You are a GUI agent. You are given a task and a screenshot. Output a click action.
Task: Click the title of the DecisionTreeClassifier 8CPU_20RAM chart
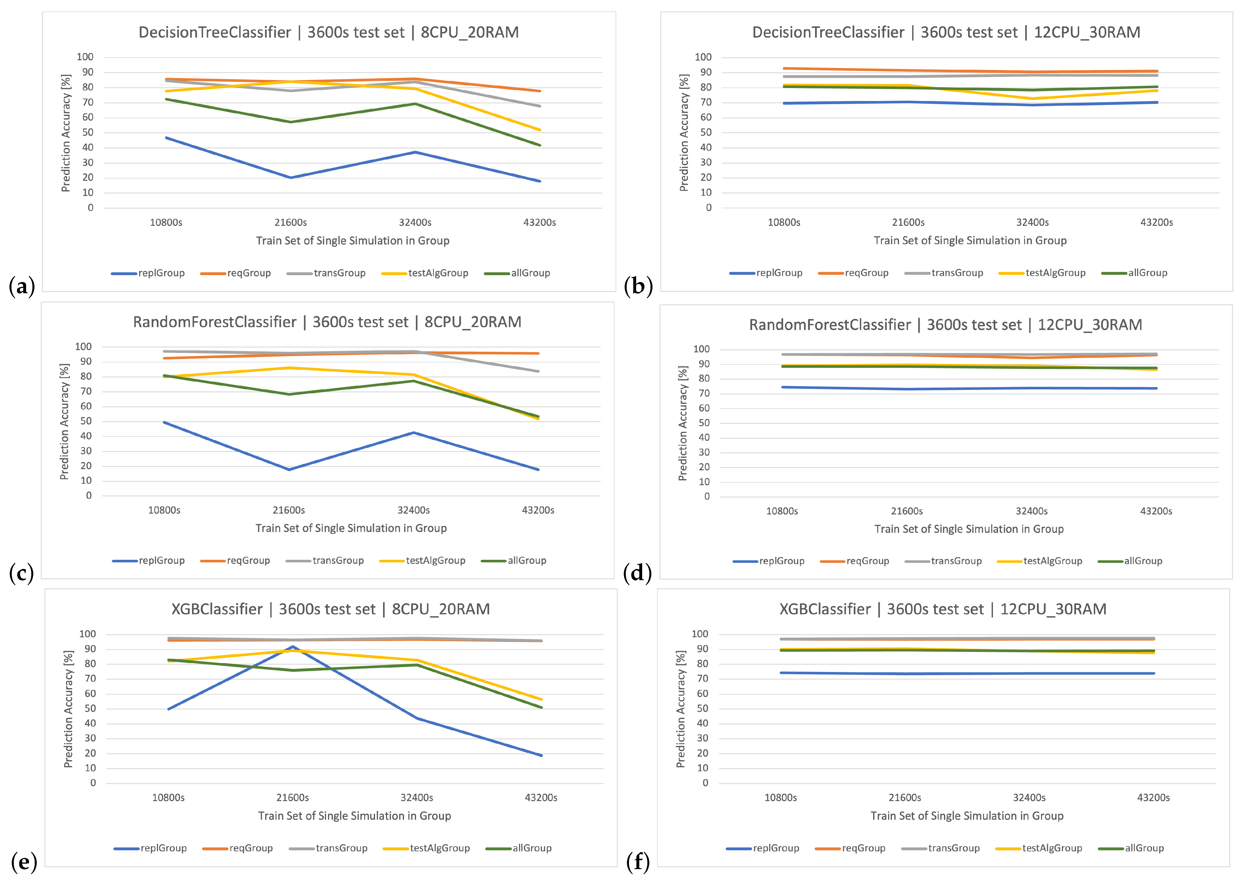pos(329,33)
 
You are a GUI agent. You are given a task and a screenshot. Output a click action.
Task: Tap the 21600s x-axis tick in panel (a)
pos(291,223)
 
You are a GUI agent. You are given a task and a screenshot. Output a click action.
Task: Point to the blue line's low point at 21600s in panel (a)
pos(291,178)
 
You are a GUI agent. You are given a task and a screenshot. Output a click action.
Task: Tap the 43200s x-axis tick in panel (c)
pos(538,510)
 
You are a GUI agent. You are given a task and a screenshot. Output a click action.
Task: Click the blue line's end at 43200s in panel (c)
pos(538,470)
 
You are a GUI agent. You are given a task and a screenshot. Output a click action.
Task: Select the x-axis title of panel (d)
pos(969,529)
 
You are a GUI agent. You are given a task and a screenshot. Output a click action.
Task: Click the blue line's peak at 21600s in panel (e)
pos(293,647)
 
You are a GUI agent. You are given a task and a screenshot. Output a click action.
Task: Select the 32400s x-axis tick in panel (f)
pos(1029,798)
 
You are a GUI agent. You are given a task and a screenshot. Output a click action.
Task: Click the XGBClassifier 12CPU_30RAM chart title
pos(943,609)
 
